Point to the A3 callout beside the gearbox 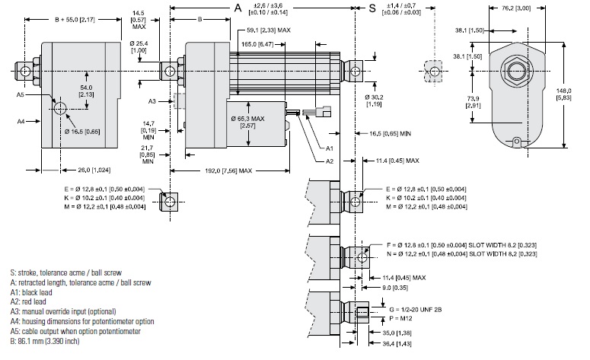coord(152,100)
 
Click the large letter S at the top coord(372,8)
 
